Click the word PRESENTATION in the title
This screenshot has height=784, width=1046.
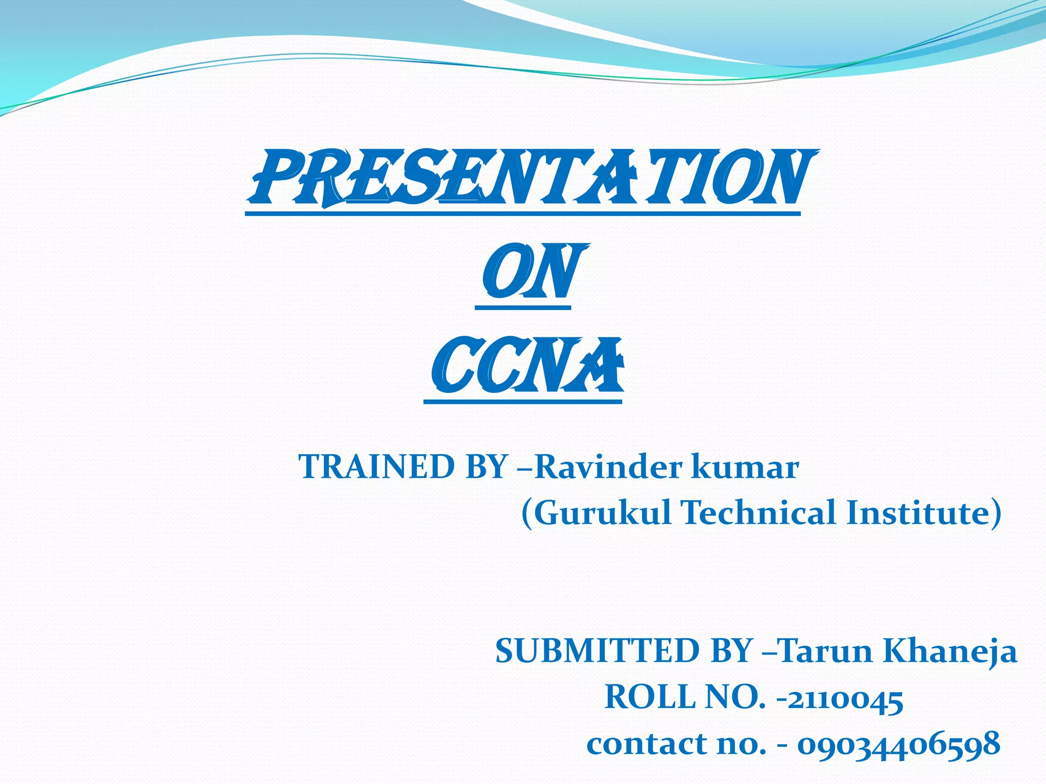pos(531,179)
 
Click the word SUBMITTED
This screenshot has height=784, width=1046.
pos(598,651)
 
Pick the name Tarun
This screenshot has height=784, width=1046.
pos(825,651)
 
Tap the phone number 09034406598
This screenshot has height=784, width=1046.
pos(899,744)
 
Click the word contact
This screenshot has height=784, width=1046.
pos(647,744)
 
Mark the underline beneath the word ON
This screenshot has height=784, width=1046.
pos(522,308)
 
